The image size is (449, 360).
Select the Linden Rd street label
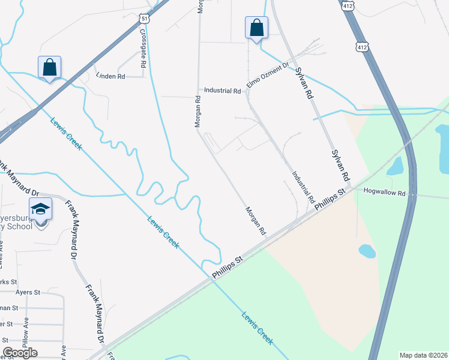[111, 76]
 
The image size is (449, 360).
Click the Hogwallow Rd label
[385, 193]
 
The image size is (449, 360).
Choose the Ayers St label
[28, 292]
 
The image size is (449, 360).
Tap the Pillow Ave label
[26, 340]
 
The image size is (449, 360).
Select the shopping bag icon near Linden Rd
[49, 67]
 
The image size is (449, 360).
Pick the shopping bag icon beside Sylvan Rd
[256, 28]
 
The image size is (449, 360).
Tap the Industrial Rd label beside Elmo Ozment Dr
[222, 91]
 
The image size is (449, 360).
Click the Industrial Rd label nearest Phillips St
[303, 187]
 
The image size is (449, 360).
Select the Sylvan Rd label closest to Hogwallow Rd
[340, 166]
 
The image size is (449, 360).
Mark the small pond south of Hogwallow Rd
[367, 251]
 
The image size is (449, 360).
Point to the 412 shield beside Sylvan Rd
[361, 46]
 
